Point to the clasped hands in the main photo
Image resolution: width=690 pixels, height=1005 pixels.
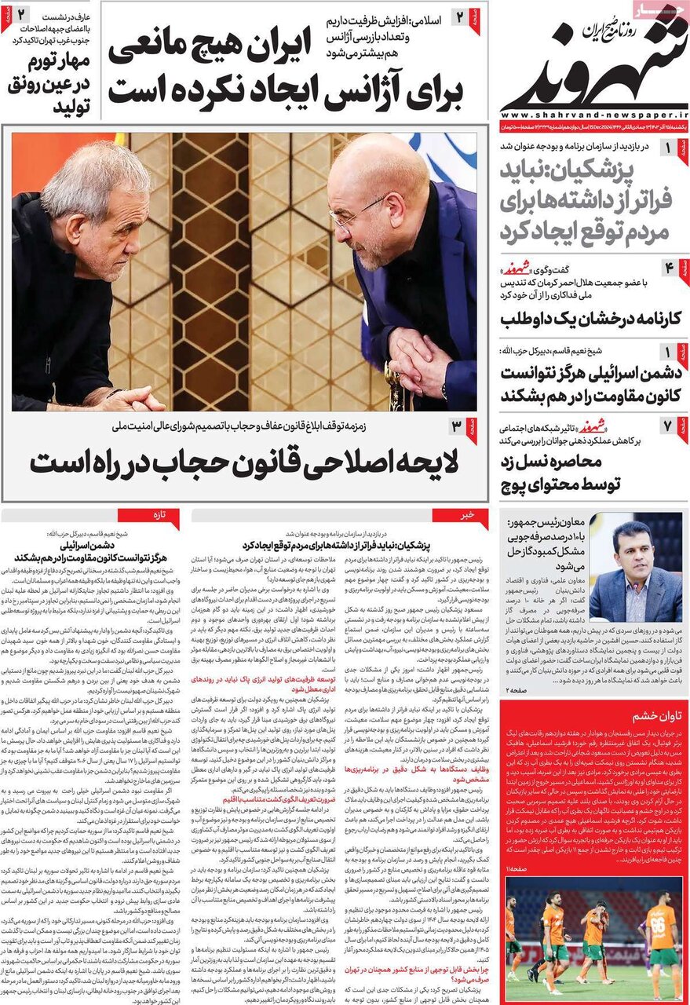pyautogui.click(x=420, y=361)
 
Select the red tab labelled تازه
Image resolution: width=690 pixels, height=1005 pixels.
pyautogui.click(x=160, y=515)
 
